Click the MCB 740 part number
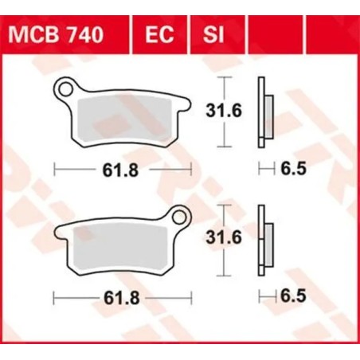coord(63,36)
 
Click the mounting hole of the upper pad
coord(71,87)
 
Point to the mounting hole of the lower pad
coord(180,213)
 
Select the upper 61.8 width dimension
coord(122,169)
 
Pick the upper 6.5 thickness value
coord(293,169)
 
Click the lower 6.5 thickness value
coord(293,296)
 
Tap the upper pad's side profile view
coord(264,112)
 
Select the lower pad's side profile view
coord(264,239)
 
